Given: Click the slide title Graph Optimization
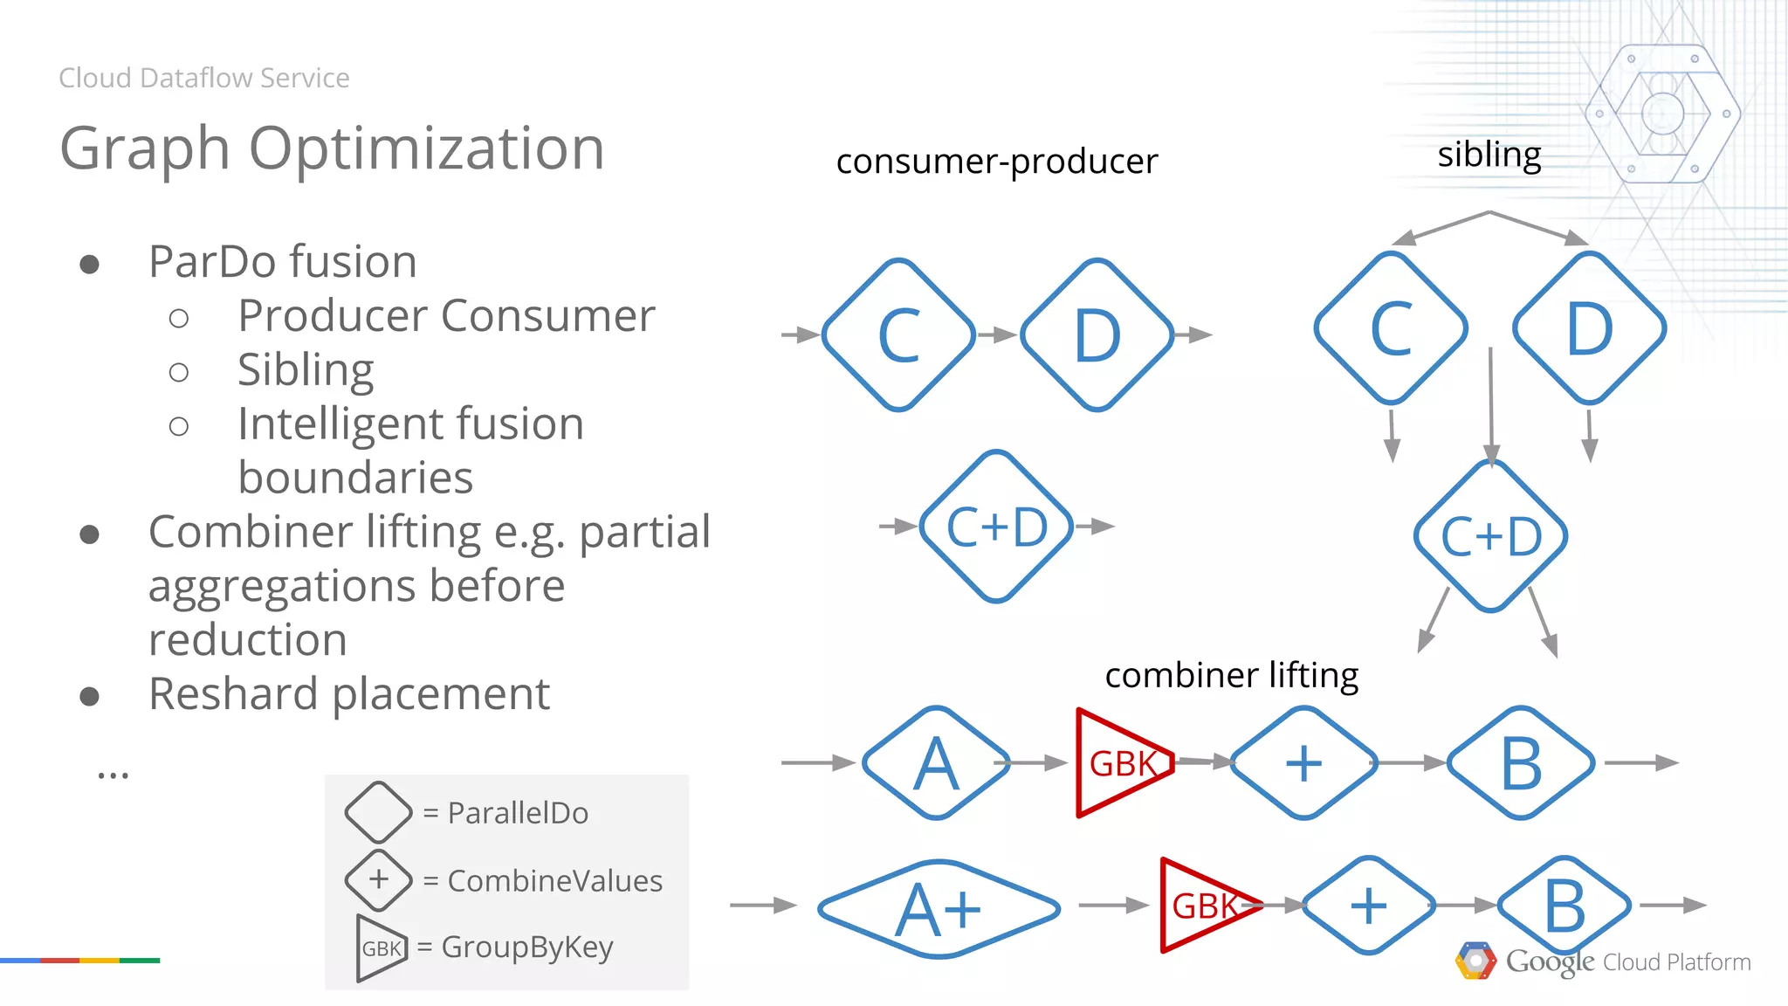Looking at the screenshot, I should tap(332, 148).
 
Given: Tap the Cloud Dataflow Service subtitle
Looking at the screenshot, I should tap(203, 78).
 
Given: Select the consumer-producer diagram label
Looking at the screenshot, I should tap(996, 162).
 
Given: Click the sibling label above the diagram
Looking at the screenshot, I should tap(1489, 155).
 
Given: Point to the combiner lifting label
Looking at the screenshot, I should tap(1231, 675).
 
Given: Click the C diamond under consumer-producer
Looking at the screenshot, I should tap(898, 335).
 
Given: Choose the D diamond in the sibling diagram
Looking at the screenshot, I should tap(1589, 328).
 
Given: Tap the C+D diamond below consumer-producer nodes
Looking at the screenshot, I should tap(996, 527).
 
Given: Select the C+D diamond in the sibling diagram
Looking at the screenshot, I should tap(1490, 536).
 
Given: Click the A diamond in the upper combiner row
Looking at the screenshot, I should tap(936, 763).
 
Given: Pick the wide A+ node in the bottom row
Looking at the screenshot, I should tap(939, 909).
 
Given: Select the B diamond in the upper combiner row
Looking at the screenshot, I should tap(1521, 763).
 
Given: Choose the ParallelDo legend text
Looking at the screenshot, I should tap(517, 813).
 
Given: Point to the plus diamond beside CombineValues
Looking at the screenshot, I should tap(378, 879).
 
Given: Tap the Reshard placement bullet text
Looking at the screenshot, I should tap(348, 694).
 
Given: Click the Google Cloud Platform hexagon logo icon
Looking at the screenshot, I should tap(1475, 961).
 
